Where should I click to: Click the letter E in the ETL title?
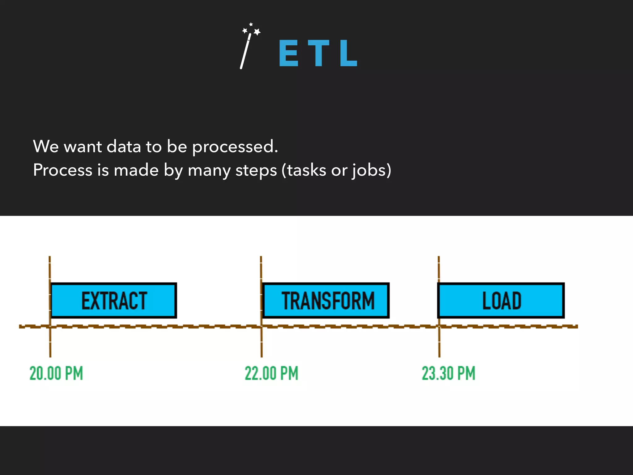coord(289,53)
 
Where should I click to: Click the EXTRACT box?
coord(114,300)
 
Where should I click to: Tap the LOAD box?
coord(501,300)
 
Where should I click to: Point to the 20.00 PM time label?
coord(56,373)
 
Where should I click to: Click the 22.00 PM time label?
coord(271,373)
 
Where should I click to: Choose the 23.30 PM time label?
coord(448,373)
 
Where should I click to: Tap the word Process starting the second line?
coord(63,170)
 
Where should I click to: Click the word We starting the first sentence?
coord(46,146)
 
